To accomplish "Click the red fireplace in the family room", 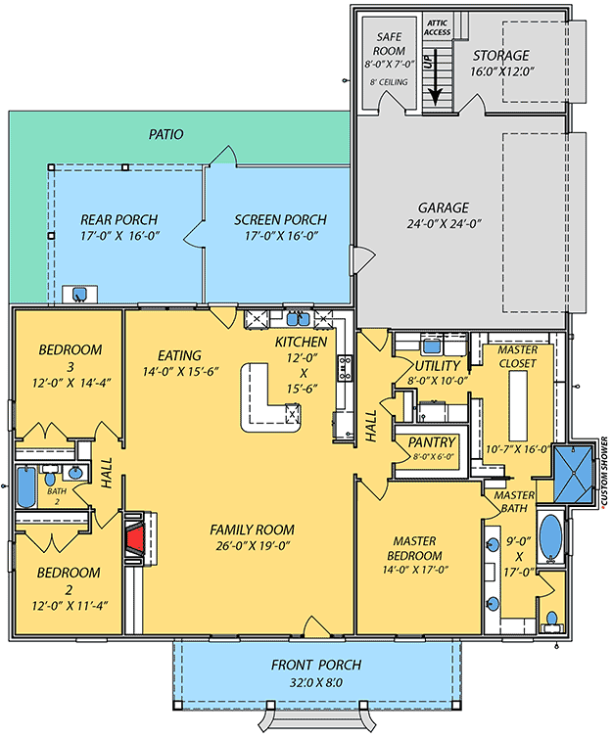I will pos(135,539).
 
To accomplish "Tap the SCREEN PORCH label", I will pos(280,219).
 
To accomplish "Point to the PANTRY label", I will pos(431,441).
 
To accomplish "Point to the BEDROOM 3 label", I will pos(66,356).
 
